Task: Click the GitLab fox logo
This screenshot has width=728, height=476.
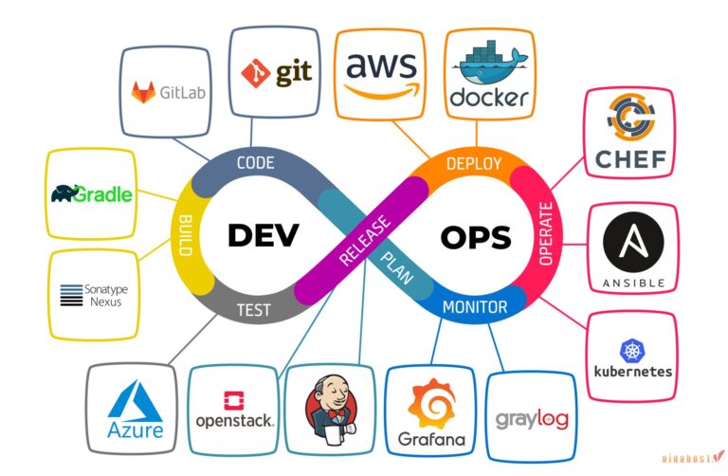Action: [145, 93]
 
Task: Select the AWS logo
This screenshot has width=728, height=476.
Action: [380, 73]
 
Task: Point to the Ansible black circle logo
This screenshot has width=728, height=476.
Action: [632, 241]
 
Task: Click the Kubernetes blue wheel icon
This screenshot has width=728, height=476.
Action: [632, 350]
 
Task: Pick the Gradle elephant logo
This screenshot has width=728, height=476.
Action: [91, 195]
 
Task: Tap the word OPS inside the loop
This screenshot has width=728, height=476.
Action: [475, 236]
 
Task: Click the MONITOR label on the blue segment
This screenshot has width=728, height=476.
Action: [475, 307]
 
